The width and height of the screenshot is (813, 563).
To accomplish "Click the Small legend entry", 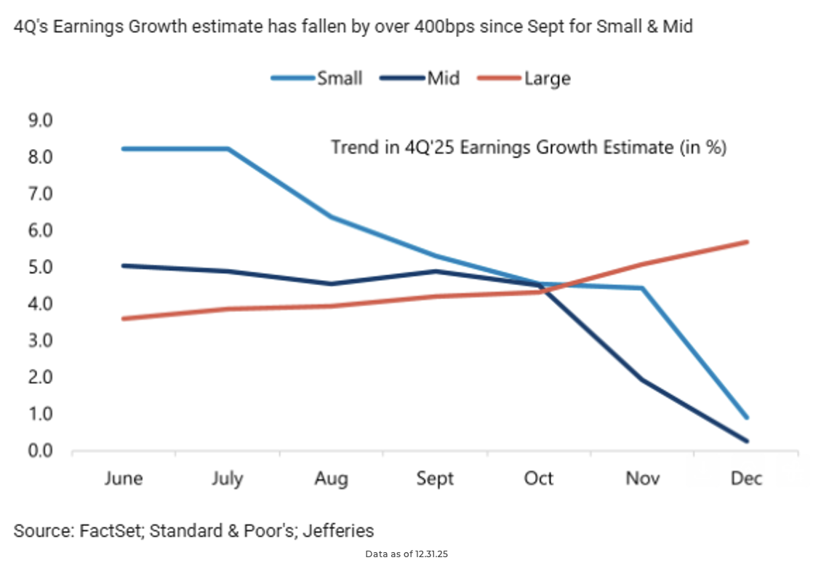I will click(x=338, y=78).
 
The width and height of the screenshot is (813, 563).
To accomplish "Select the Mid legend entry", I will click(x=443, y=78).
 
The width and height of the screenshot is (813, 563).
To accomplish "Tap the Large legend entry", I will click(x=547, y=78).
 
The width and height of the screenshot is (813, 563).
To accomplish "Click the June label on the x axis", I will click(x=123, y=479).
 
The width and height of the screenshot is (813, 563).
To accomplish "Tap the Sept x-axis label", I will click(x=435, y=479).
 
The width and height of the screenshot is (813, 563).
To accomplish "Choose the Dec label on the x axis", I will click(x=747, y=479).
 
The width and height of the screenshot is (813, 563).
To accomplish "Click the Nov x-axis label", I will click(x=643, y=479).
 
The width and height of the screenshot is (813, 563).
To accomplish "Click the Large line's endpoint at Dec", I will click(x=747, y=241).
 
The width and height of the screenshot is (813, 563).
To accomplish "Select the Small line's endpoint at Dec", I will click(x=747, y=418).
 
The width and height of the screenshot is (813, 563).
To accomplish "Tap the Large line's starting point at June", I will click(x=123, y=319).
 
